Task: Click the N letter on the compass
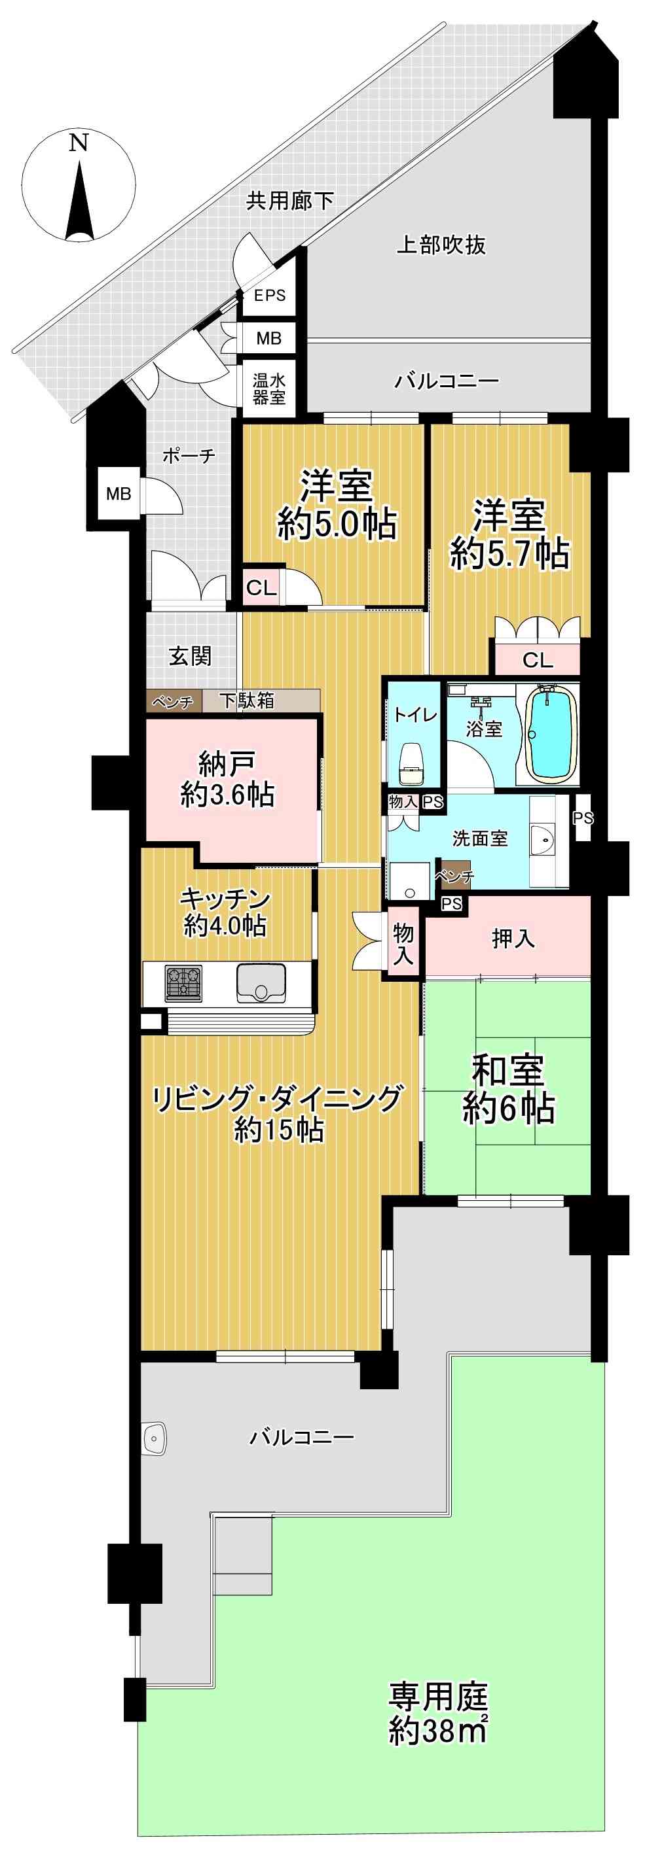[x=79, y=143]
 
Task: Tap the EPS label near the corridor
[x=269, y=296]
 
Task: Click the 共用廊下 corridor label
[x=290, y=201]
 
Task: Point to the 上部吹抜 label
[x=441, y=245]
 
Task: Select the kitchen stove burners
[x=183, y=984]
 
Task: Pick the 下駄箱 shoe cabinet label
[x=246, y=700]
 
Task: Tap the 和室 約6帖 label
[x=508, y=1089]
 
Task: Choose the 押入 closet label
[x=513, y=938]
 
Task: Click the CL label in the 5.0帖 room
[x=261, y=588]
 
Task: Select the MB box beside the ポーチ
[x=119, y=493]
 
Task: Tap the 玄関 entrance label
[x=191, y=656]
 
